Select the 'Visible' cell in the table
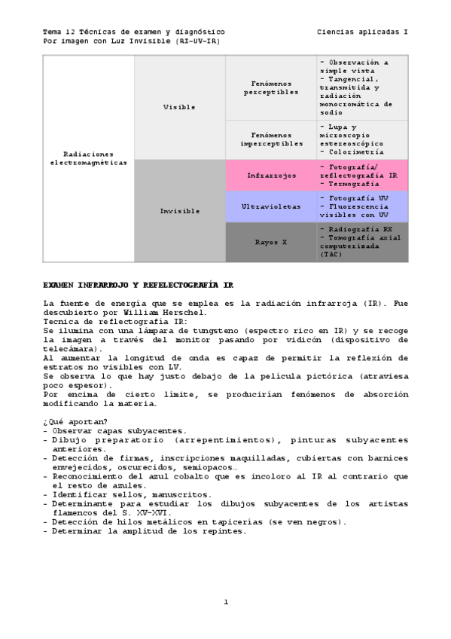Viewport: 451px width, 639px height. point(179,107)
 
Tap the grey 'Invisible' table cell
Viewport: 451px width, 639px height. point(179,211)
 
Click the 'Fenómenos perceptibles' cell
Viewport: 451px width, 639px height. point(270,87)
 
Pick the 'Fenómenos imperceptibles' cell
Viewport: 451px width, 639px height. point(270,139)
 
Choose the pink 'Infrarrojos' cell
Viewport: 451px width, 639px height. point(270,175)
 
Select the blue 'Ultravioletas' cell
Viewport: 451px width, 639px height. point(270,206)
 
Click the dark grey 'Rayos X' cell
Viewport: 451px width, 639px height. point(270,242)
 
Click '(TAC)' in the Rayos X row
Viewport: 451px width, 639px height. point(331,255)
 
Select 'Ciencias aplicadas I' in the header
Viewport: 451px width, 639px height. point(362,32)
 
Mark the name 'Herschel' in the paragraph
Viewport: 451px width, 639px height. point(180,313)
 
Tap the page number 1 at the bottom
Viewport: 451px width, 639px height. point(225,601)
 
